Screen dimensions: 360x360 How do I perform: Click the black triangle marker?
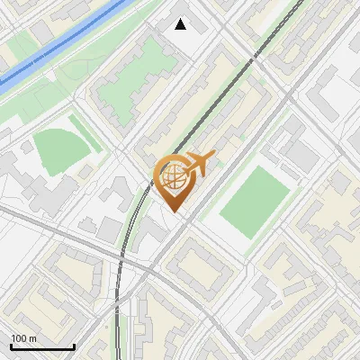[181, 24]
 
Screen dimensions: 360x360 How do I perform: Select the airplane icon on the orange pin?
[200, 164]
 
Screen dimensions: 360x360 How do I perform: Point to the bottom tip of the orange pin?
[175, 212]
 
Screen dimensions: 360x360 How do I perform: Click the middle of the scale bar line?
[42, 346]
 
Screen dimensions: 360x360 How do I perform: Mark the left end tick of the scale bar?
[11, 346]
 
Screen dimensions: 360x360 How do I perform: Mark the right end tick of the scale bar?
[74, 346]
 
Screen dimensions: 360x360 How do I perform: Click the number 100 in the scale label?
[18, 338]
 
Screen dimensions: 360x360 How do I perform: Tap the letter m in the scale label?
[32, 338]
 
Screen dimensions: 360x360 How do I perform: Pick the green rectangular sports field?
[255, 202]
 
